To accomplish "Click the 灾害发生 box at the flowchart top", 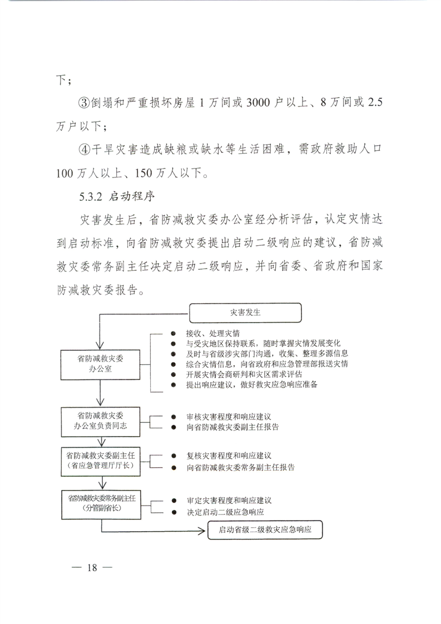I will pos(245,313).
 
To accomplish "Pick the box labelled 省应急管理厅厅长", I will pos(100,459).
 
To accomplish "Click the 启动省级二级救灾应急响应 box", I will pos(265,529).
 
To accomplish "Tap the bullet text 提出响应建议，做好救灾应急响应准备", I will pos(252,384).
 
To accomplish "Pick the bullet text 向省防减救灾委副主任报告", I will pos(233,428).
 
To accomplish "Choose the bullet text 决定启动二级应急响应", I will pos(225,512).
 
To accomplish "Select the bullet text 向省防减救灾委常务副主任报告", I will pos(241,467).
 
